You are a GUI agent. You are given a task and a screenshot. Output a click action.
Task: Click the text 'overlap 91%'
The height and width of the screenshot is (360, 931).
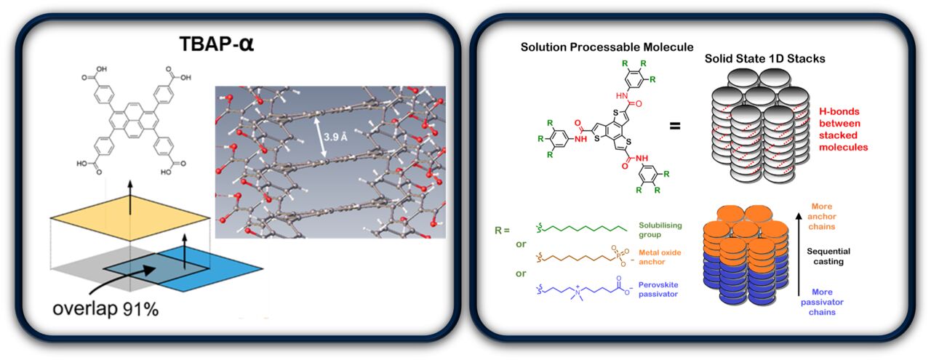105,308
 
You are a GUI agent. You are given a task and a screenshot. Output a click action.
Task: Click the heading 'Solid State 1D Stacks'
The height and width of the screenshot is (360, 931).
764,58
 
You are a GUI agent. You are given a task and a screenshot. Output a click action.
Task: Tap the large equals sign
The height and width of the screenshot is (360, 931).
676,126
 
